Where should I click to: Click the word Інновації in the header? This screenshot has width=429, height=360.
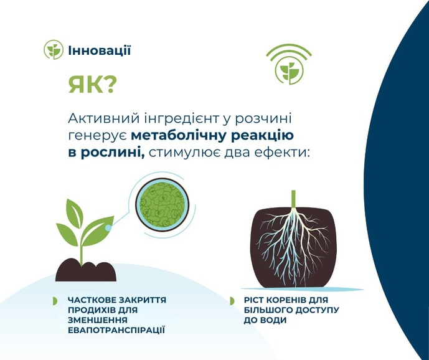click(x=100, y=50)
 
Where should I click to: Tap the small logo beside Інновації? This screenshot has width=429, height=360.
click(x=54, y=50)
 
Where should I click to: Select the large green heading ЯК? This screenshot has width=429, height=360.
click(x=91, y=84)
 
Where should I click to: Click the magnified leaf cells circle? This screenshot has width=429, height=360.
click(x=163, y=204)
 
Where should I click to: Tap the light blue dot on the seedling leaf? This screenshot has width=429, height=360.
click(x=108, y=227)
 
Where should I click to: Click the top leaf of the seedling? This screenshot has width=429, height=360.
click(x=75, y=212)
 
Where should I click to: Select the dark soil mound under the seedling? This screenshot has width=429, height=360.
click(x=86, y=271)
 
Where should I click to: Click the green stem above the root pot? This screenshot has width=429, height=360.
click(x=293, y=199)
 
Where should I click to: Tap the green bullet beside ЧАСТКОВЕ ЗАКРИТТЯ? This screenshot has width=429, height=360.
click(x=55, y=301)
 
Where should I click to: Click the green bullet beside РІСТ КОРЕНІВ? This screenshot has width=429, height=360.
click(x=232, y=301)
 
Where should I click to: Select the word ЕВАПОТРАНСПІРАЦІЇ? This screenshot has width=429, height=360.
click(x=116, y=330)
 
